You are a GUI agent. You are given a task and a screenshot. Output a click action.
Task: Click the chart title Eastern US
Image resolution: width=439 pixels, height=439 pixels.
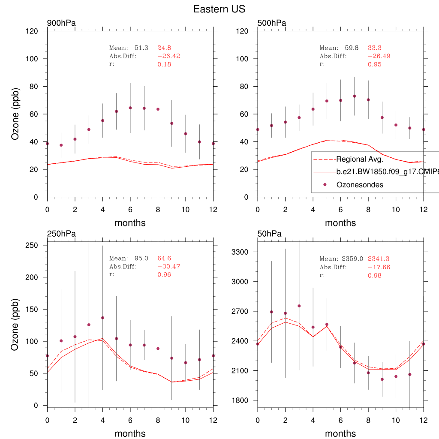click(219, 9)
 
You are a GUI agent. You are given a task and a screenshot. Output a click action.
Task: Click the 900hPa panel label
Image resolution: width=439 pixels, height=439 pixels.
click(61, 23)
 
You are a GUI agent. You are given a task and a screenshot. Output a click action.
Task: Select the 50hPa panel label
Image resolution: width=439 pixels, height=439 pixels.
click(270, 234)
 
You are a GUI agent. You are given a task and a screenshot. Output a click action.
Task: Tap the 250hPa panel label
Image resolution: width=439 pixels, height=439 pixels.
click(61, 234)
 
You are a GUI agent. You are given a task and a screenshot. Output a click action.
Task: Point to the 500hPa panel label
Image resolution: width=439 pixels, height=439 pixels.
click(272, 23)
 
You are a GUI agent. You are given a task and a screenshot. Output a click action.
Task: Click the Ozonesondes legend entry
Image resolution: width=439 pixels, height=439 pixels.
click(359, 185)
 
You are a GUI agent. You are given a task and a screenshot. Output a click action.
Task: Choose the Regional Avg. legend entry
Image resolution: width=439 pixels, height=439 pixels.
click(359, 159)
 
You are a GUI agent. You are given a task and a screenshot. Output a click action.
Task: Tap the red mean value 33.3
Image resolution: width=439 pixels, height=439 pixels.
click(375, 48)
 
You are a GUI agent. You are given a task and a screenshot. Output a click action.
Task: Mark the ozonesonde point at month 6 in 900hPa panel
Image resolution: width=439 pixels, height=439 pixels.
click(130, 108)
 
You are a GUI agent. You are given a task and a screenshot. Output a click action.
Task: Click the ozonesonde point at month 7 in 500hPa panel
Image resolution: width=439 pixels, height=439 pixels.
click(355, 96)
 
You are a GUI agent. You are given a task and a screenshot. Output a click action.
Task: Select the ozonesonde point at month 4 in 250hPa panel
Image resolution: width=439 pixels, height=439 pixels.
click(102, 318)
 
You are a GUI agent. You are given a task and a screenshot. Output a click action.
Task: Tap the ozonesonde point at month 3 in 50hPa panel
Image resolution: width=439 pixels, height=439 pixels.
click(299, 306)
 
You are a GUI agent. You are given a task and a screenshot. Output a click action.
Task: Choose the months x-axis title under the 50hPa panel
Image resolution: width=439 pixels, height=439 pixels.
click(340, 433)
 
